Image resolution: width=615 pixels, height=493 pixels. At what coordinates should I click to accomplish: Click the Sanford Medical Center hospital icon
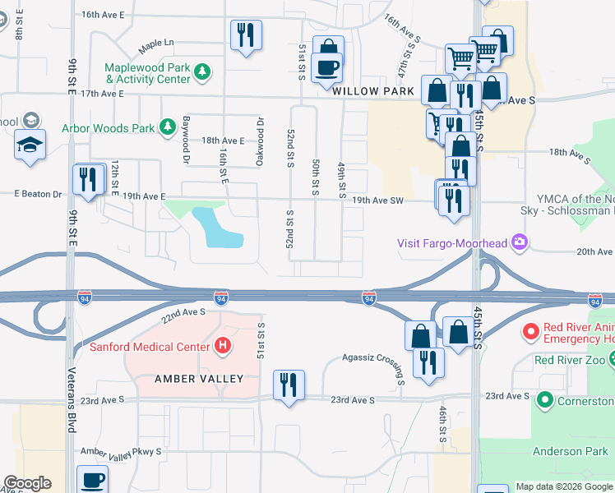(220, 347)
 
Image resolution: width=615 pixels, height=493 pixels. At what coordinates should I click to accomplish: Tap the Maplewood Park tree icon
(201, 74)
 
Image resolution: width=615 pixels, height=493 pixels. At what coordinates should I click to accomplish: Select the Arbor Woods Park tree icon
(168, 127)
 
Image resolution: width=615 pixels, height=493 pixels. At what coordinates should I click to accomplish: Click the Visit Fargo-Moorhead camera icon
(519, 242)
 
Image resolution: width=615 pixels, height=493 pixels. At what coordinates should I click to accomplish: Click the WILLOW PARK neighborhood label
(373, 92)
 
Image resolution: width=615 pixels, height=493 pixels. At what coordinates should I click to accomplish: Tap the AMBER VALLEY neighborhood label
(199, 379)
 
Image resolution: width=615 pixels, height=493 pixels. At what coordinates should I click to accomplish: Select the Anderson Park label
(570, 451)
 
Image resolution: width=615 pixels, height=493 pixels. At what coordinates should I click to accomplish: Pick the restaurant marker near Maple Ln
(246, 35)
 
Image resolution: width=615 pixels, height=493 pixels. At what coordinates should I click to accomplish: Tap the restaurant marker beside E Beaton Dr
(88, 179)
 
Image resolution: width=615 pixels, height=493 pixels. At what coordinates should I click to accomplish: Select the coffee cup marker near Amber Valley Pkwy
(91, 480)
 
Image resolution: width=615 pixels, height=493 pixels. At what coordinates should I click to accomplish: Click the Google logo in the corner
(27, 483)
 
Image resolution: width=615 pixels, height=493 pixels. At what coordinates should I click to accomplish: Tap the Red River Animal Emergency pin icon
(531, 332)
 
